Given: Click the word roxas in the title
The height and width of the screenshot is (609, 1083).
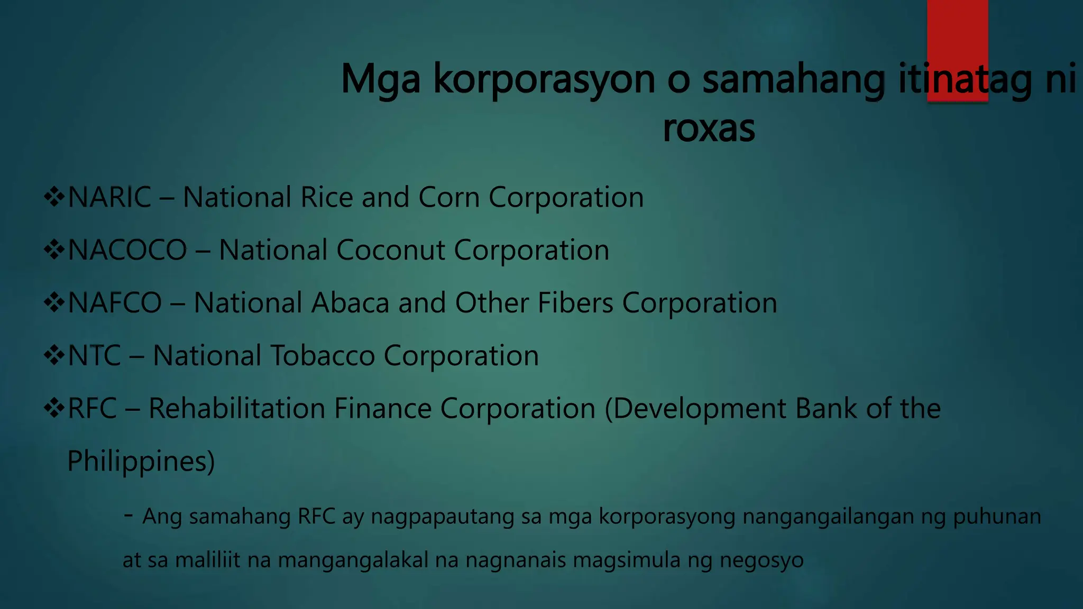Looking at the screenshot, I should [709, 128].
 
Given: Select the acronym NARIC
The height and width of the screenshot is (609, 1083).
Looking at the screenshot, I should [109, 198].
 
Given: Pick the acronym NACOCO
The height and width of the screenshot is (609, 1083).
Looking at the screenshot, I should [127, 250].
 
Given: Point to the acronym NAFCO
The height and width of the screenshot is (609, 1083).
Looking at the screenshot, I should [115, 303].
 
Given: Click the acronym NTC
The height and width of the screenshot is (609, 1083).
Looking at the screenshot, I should [95, 356].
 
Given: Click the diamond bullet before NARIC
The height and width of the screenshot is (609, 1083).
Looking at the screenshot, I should [54, 198].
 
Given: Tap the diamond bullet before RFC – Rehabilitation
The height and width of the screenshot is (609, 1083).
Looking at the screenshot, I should [54, 409].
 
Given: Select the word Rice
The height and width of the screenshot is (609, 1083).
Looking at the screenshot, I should [326, 198].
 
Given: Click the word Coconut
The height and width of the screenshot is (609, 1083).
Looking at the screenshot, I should [390, 250].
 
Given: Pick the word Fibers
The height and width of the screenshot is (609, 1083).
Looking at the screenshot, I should [575, 303].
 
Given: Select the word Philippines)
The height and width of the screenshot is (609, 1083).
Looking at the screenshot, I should [141, 462].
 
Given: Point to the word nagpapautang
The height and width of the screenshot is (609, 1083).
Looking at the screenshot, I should [443, 517].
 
